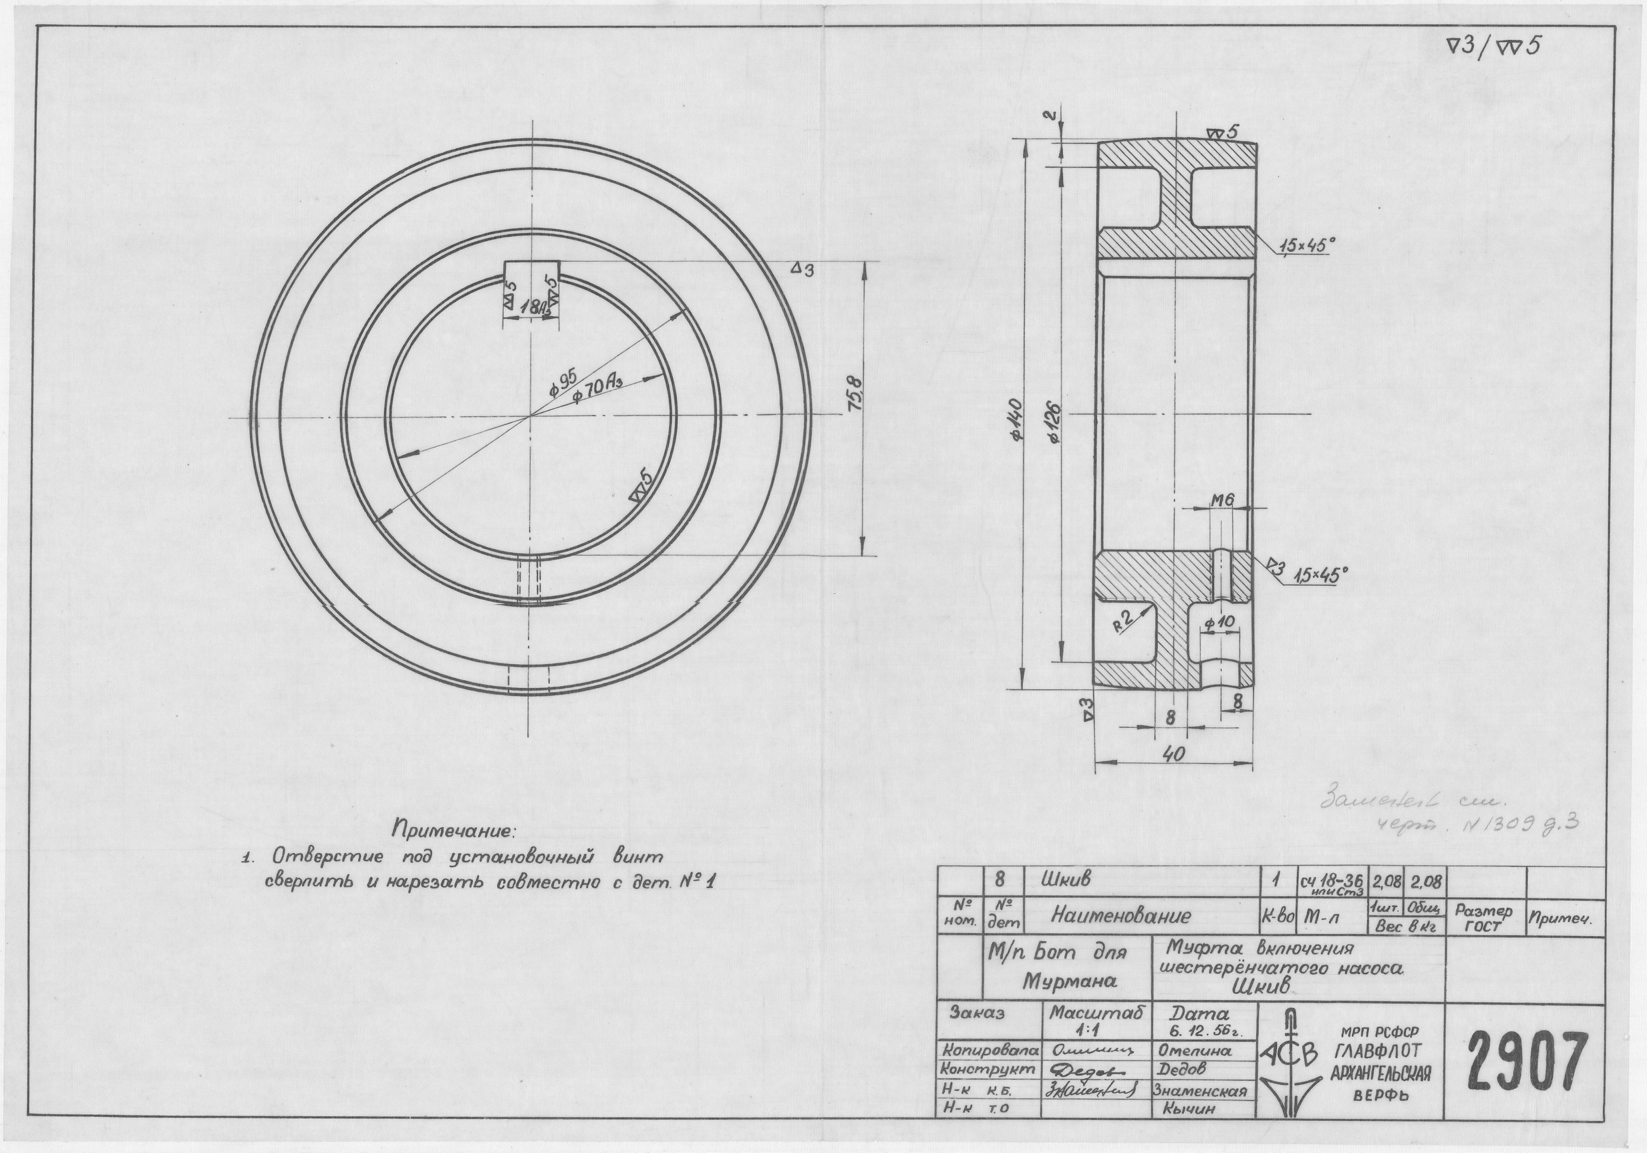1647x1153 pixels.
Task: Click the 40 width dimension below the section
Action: (x=1173, y=754)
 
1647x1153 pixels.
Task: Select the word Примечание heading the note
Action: (x=452, y=830)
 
